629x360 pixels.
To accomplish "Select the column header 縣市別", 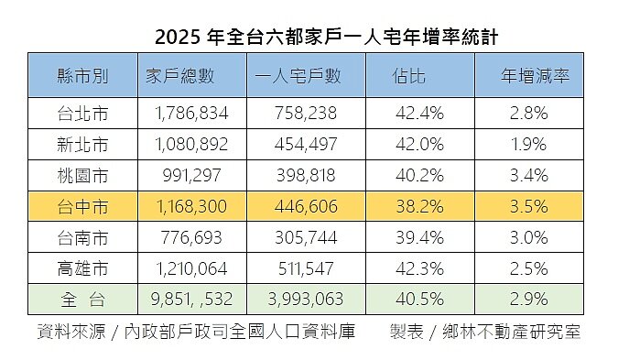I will coord(82,77).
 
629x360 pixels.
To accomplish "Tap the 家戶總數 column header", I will coord(190,77).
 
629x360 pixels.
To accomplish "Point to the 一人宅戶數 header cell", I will coord(306,77).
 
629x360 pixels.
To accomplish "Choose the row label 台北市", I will coord(82,114).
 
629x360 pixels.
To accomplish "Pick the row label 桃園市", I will coord(82,175).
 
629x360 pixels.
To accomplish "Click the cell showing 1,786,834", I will coord(190,114).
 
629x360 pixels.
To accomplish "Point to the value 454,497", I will coord(306,145).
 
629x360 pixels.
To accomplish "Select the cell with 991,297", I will coord(190,175).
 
